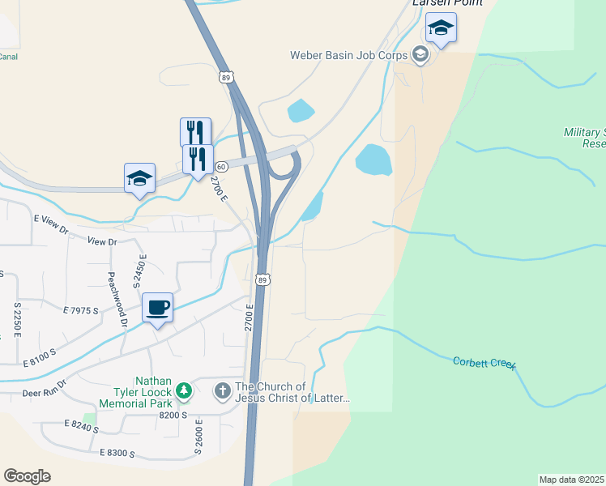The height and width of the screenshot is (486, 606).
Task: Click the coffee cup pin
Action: click(157, 308)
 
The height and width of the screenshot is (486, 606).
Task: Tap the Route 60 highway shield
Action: click(221, 166)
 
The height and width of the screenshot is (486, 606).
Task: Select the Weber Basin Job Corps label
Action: click(350, 55)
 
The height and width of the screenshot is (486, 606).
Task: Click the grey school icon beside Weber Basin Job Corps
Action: click(420, 55)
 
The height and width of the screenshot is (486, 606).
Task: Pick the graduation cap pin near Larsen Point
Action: click(441, 30)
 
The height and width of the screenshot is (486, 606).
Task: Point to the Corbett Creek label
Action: click(484, 363)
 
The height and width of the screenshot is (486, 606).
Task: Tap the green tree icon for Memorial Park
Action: click(185, 391)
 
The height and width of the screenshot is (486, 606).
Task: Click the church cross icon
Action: click(222, 391)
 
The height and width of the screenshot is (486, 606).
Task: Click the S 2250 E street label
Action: click(17, 320)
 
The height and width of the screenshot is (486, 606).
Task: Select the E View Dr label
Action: click(52, 219)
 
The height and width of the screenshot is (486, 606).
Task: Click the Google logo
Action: click(27, 476)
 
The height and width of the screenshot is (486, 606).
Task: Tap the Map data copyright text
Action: click(572, 480)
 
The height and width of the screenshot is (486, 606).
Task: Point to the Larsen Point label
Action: click(447, 3)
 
